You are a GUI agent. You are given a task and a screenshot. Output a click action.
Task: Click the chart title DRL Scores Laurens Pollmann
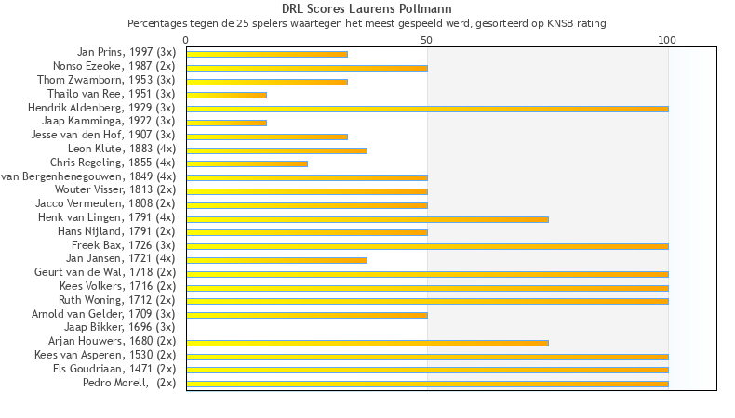click(367, 9)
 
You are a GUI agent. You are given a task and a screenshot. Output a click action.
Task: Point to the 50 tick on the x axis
click(427, 40)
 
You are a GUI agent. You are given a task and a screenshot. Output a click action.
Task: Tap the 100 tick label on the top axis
click(667, 40)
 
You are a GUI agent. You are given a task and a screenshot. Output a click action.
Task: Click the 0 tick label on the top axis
click(186, 40)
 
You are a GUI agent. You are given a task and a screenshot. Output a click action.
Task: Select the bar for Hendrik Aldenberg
click(427, 109)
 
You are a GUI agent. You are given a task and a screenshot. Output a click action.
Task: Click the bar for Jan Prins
click(267, 54)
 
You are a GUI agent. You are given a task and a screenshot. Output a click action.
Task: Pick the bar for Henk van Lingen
click(367, 218)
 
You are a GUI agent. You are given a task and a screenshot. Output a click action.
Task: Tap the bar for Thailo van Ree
click(226, 95)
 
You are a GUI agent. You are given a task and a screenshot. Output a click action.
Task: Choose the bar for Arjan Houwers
click(367, 342)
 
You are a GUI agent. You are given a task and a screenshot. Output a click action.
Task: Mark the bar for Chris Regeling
click(247, 163)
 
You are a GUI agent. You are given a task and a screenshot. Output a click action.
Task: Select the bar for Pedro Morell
click(427, 384)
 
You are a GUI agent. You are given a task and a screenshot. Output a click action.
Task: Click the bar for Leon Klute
click(276, 150)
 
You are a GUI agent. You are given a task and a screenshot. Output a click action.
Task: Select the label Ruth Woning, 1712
click(116, 300)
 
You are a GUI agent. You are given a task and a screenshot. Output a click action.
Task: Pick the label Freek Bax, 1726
click(117, 245)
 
